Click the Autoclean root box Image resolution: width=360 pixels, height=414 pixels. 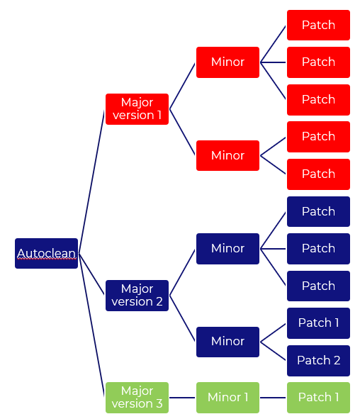point(46,253)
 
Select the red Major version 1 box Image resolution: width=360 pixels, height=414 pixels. point(137,109)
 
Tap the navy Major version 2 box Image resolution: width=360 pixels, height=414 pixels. point(137,296)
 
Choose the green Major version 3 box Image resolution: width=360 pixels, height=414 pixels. point(137,398)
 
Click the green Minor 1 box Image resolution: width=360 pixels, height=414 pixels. point(227,398)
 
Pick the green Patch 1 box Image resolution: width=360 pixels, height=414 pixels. point(318,398)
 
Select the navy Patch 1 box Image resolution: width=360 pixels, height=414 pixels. point(318,323)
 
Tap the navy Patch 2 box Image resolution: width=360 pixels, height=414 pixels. point(318,360)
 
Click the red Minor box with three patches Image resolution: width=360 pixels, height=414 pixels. point(227,62)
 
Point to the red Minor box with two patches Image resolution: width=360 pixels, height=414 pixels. point(227,155)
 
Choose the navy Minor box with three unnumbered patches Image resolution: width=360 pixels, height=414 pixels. point(227,249)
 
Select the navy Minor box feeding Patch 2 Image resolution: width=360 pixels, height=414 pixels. point(227,342)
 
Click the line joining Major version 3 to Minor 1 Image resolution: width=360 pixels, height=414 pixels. point(182,398)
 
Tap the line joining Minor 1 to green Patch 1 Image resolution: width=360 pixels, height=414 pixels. point(273,398)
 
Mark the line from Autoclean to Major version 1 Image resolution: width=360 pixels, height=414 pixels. point(92,181)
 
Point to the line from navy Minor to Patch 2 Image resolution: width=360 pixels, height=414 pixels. point(274,351)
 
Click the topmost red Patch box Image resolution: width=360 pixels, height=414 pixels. point(318,26)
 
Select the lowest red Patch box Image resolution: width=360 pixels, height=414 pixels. point(318,174)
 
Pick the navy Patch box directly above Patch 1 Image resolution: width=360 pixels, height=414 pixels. point(318,286)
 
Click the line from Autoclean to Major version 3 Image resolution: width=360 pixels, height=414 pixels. point(92,326)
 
